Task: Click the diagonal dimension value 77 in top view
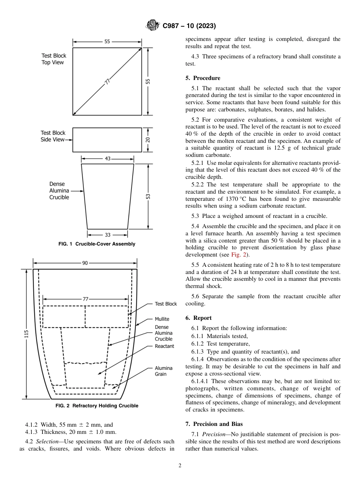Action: click(x=107, y=81)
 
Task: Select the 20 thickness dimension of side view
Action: click(x=148, y=139)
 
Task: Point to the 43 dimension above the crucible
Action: click(x=108, y=158)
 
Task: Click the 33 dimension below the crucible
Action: click(x=108, y=235)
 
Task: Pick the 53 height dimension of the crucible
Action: click(x=148, y=196)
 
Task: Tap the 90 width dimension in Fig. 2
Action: click(x=85, y=263)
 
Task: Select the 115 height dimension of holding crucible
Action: click(x=27, y=333)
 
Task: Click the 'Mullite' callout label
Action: click(x=162, y=319)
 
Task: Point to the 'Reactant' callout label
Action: click(x=164, y=346)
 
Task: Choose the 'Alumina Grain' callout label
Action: click(x=163, y=371)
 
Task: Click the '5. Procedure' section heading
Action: click(x=203, y=78)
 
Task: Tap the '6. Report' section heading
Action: click(x=199, y=318)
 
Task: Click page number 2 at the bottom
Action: click(x=180, y=466)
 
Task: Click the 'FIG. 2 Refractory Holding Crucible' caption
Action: click(x=97, y=406)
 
